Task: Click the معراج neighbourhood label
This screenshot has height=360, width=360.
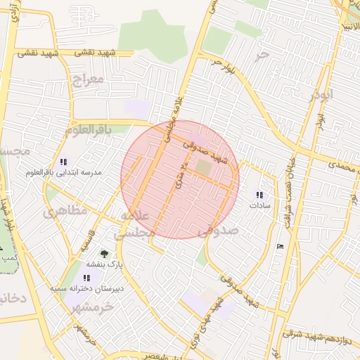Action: pyautogui.click(x=88, y=79)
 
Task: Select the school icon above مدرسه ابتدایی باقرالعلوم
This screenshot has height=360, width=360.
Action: pyautogui.click(x=65, y=161)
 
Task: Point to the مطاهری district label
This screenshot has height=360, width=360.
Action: pyautogui.click(x=66, y=210)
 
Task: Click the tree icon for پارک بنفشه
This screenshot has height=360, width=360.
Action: pyautogui.click(x=105, y=253)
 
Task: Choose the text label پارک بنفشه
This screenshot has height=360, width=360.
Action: pyautogui.click(x=105, y=264)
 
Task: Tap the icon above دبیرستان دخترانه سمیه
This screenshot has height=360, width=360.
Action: pyautogui.click(x=86, y=278)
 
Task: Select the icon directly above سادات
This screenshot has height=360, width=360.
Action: pyautogui.click(x=259, y=195)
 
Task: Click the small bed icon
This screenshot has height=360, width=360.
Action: pyautogui.click(x=282, y=245)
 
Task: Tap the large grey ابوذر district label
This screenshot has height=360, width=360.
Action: pyautogui.click(x=320, y=94)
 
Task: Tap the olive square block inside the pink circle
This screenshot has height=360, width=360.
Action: pyautogui.click(x=202, y=167)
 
